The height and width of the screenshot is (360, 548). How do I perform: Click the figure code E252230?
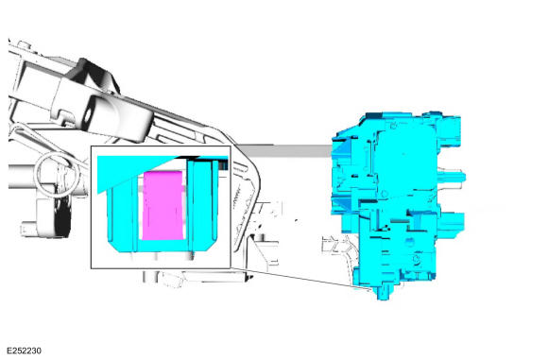pyautogui.click(x=24, y=351)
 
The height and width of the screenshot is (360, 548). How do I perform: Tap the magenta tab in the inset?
pyautogui.click(x=163, y=206)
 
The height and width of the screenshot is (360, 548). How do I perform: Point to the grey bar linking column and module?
pyautogui.click(x=285, y=151)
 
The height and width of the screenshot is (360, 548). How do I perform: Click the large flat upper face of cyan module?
pyautogui.click(x=407, y=161)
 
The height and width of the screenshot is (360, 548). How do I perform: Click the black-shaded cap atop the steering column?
pyautogui.click(x=94, y=75)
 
